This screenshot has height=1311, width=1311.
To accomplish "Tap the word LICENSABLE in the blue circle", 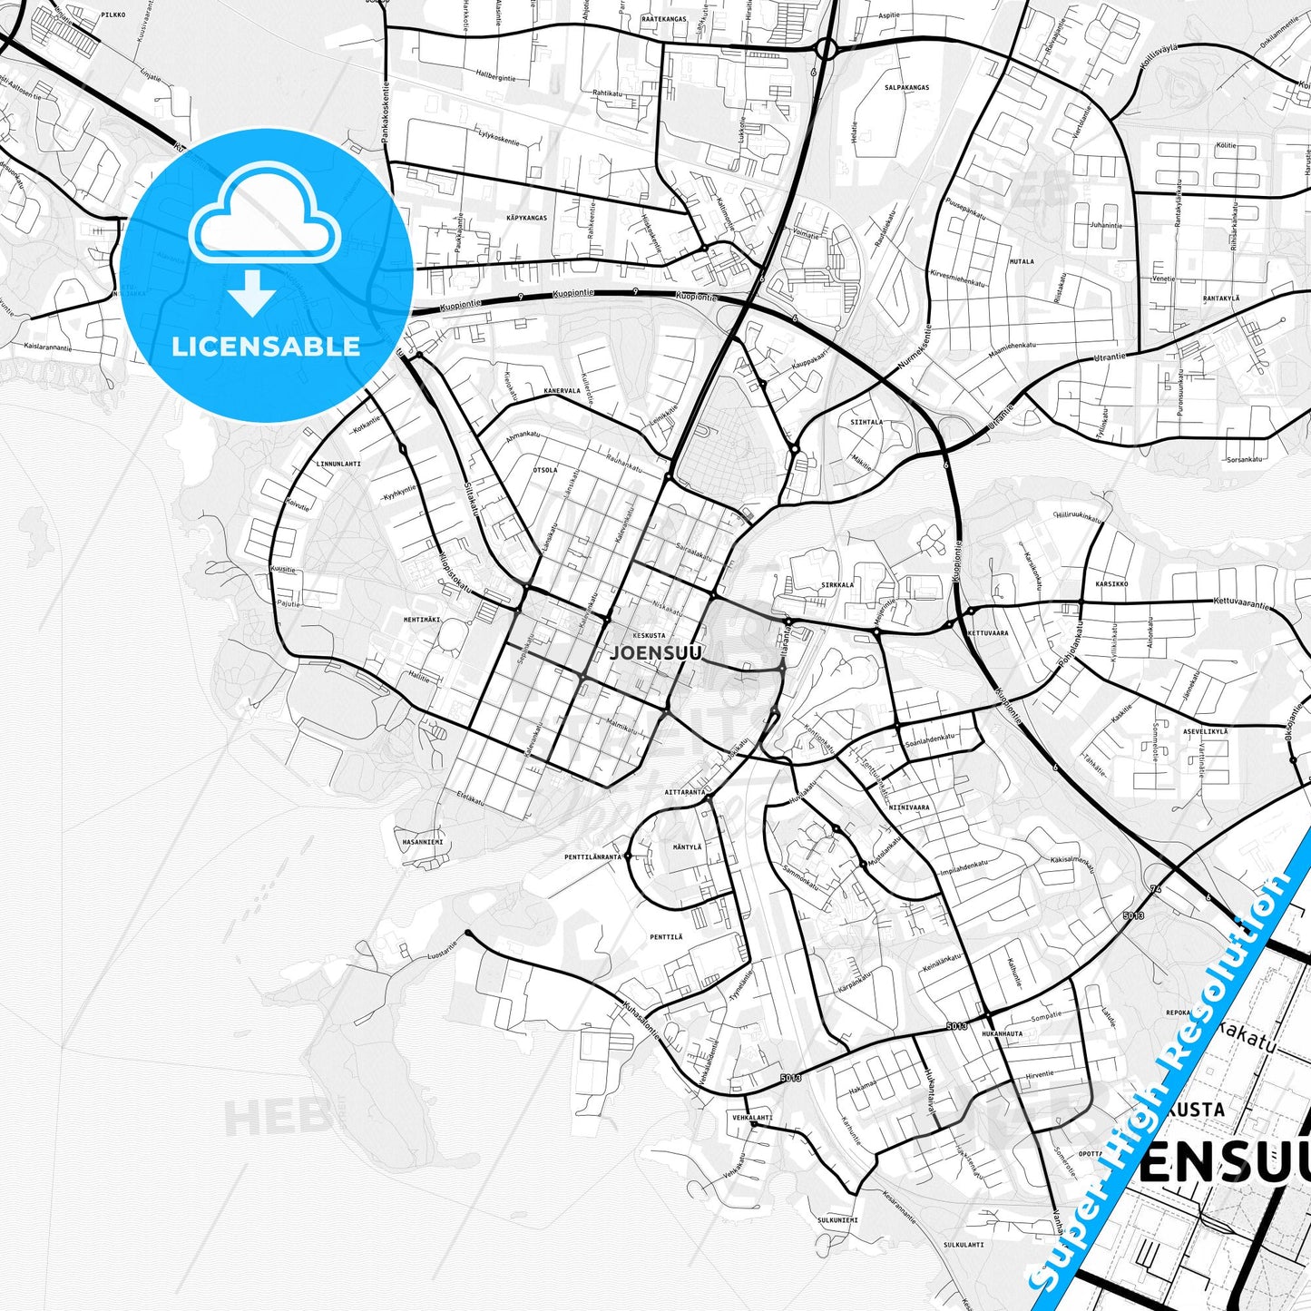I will [x=266, y=346].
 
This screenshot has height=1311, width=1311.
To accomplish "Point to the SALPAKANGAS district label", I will [x=906, y=88].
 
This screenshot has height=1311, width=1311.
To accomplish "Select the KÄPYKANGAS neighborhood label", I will [x=526, y=219].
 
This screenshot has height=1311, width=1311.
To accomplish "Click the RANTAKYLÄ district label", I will [x=1220, y=298].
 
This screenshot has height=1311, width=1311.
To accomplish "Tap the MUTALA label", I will [x=1022, y=261].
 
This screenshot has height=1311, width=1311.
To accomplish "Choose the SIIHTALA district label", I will [x=866, y=422].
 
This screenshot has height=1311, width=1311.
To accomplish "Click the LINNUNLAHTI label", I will [x=338, y=464].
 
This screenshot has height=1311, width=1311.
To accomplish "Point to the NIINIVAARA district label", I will [x=908, y=807].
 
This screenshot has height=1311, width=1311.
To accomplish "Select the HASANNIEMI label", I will [x=423, y=842].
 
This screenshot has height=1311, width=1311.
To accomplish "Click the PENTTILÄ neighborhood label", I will [x=666, y=936].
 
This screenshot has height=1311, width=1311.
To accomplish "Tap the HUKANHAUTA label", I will [x=1002, y=1033].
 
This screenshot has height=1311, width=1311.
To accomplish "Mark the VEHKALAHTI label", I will [x=752, y=1118].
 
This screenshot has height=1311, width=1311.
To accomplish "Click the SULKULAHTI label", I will [x=964, y=1245].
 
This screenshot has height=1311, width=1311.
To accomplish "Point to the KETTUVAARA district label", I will [x=988, y=632].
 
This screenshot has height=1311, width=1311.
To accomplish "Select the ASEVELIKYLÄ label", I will [x=1205, y=730].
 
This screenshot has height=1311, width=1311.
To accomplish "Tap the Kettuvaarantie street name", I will [x=1243, y=603].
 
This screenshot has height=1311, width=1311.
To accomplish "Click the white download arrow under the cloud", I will [x=252, y=293].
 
